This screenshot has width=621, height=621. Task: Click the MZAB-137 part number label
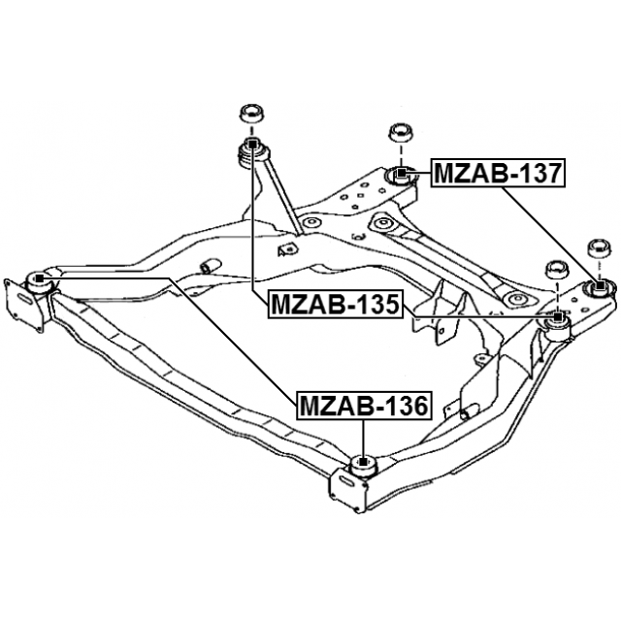pyautogui.click(x=498, y=173)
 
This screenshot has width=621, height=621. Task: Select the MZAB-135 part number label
pyautogui.click(x=335, y=304)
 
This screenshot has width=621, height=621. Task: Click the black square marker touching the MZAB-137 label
pyautogui.click(x=402, y=173)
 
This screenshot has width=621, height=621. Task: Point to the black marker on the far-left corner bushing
pyautogui.click(x=39, y=278)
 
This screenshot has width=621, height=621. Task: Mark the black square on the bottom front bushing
pyautogui.click(x=362, y=462)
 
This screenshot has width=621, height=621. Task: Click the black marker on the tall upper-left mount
pyautogui.click(x=252, y=144)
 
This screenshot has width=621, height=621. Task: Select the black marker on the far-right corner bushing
pyautogui.click(x=600, y=284)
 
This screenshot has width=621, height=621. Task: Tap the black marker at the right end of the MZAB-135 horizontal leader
pyautogui.click(x=558, y=316)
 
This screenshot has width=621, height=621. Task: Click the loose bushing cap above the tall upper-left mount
pyautogui.click(x=252, y=115)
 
